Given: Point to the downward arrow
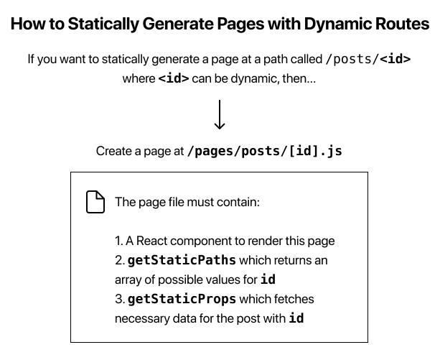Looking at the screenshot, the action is [220, 114].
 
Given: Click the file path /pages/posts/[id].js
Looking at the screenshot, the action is [265, 152].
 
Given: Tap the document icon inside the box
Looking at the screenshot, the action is [94, 202].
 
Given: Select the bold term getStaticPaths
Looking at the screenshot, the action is [182, 260].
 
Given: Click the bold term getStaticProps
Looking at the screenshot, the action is [182, 298].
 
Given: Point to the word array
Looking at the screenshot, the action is [128, 280].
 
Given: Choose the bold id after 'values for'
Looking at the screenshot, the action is [268, 280].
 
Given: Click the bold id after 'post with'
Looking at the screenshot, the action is [296, 318].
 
